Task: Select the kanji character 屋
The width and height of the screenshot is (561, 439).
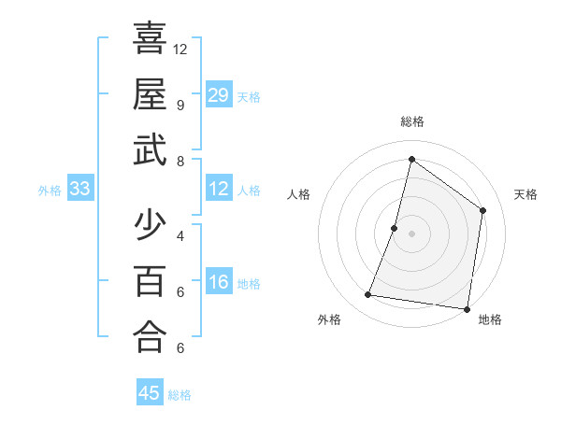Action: tap(150, 93)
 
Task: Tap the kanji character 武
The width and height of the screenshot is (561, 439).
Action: tap(150, 149)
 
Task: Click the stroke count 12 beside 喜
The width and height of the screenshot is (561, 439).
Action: tap(180, 49)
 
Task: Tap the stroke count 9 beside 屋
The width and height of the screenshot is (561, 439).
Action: tap(180, 105)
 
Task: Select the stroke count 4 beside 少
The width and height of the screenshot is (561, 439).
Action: tap(180, 235)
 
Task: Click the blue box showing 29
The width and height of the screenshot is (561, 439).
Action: tap(219, 95)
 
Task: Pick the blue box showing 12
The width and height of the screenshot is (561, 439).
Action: tap(219, 190)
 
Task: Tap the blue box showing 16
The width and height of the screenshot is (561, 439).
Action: tap(219, 283)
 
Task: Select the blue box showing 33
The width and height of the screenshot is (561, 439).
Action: tap(80, 190)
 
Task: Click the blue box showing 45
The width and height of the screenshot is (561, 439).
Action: tap(150, 393)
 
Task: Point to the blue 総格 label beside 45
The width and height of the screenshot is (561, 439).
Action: tap(180, 395)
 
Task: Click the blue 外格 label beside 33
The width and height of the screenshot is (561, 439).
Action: tap(50, 191)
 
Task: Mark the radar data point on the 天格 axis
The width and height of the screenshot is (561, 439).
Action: tap(483, 210)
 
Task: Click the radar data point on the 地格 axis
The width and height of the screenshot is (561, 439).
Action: tap(467, 308)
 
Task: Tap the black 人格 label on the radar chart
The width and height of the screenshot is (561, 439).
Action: tap(299, 194)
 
